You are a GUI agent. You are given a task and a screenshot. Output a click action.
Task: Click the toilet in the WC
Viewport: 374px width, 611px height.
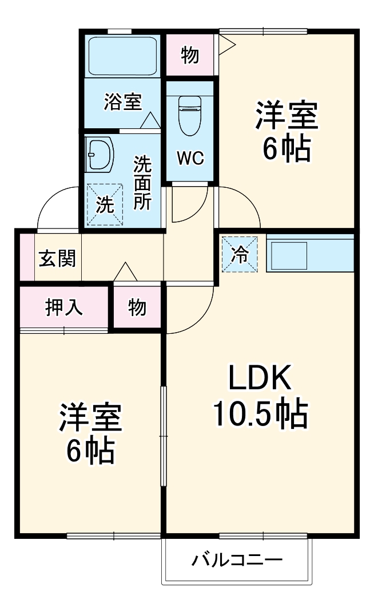(188, 115)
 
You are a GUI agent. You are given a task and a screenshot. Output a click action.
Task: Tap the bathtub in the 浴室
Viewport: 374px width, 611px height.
(122, 56)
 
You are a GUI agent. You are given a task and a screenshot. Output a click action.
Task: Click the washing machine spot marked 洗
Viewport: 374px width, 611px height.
(104, 204)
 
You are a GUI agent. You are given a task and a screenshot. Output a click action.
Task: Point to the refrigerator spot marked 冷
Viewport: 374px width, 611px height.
(240, 254)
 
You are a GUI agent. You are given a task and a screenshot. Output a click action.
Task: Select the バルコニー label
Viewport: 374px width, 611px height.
(237, 559)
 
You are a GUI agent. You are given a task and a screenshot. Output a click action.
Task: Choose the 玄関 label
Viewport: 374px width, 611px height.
(57, 258)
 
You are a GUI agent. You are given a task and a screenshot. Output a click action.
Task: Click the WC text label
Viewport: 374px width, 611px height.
(189, 159)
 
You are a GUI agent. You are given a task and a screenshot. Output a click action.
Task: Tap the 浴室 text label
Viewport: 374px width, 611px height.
(122, 103)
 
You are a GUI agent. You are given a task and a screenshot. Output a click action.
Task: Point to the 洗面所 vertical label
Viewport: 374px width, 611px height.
(142, 183)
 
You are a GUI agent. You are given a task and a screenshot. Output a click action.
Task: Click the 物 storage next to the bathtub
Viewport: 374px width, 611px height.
(190, 56)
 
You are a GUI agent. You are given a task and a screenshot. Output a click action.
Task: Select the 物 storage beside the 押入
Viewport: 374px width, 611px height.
(137, 308)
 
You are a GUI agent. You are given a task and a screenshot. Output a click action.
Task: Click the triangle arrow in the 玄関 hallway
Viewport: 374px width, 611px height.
(125, 272)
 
